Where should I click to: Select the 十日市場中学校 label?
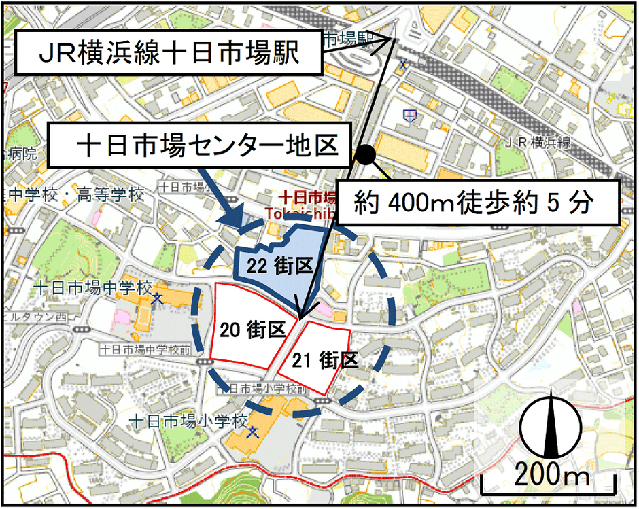(92, 287)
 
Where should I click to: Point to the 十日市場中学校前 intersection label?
(146, 349)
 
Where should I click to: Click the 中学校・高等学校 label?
(75, 195)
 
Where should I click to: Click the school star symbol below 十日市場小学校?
(253, 432)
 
